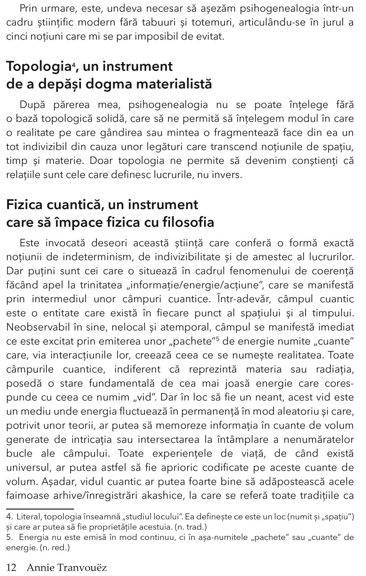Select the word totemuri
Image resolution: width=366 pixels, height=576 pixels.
click(212, 22)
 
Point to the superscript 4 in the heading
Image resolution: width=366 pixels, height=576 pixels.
click(73, 64)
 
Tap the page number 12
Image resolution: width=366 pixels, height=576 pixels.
click(12, 568)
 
